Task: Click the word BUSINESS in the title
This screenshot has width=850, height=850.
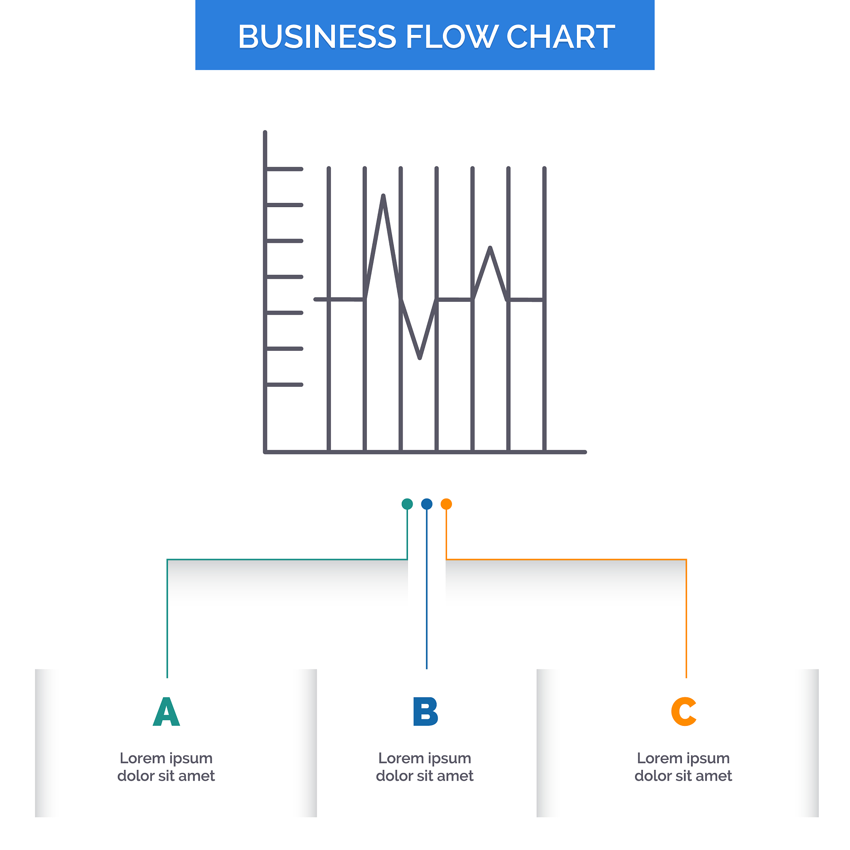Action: point(317,37)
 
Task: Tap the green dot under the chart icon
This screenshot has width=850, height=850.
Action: point(408,504)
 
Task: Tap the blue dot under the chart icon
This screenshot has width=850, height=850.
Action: point(427,504)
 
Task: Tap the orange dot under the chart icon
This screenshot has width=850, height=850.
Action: point(446,504)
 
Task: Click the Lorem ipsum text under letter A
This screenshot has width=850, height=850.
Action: point(166,767)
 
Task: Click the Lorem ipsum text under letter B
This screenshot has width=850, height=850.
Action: point(425,767)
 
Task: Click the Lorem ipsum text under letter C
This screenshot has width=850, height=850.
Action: point(683,767)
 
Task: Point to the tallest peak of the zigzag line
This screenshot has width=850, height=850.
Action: point(383,196)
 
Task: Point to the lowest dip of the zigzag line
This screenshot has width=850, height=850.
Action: point(420,358)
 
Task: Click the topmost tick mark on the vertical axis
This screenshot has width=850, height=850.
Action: point(285,169)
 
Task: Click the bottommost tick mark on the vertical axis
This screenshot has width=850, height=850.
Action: point(285,384)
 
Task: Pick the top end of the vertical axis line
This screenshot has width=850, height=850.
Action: point(265,132)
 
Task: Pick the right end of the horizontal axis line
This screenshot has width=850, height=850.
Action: point(585,452)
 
